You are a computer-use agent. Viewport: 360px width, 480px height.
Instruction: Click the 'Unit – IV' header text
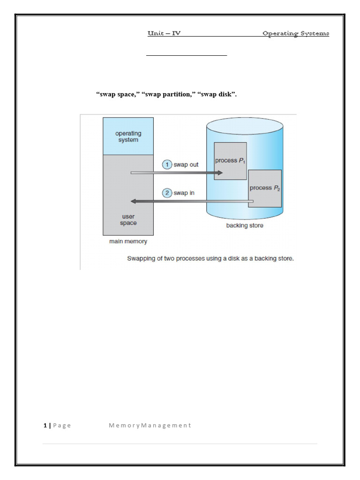[x=164, y=33]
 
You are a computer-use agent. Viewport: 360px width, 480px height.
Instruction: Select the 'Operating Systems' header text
[x=295, y=33]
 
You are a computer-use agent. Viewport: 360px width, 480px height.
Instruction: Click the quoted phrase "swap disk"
[x=217, y=95]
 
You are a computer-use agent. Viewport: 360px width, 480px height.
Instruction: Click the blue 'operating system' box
[x=128, y=136]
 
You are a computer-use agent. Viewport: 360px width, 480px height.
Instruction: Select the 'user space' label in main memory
[x=128, y=220]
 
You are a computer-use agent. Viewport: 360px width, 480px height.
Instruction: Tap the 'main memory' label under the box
[x=128, y=241]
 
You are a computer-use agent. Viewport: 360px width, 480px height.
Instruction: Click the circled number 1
[x=167, y=165]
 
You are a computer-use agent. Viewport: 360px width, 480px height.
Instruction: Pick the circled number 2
[x=167, y=193]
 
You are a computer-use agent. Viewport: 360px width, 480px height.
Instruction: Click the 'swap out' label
[x=186, y=165]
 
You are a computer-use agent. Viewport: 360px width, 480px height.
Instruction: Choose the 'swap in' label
[x=184, y=193]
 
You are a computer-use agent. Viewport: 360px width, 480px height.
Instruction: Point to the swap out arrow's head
[x=219, y=173]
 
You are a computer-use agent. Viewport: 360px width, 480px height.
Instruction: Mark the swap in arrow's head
[x=134, y=201]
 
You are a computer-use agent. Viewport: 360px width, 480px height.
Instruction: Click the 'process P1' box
[x=230, y=161]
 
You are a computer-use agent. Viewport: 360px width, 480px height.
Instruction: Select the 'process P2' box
[x=265, y=188]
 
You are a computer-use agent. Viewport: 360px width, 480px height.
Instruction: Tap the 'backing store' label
[x=244, y=225]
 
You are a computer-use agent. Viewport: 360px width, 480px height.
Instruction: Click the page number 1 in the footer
[x=45, y=425]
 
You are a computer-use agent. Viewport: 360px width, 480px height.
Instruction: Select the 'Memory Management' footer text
[x=150, y=425]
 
